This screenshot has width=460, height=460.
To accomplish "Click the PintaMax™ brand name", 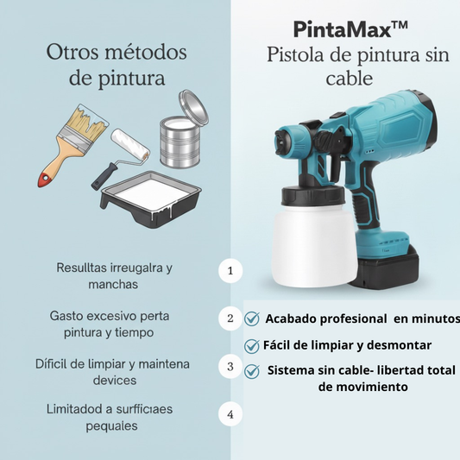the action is [350, 29].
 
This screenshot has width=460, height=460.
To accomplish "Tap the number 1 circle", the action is [230, 270].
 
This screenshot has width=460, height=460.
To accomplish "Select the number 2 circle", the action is [230, 318].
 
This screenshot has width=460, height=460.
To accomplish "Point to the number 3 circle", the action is [230, 367].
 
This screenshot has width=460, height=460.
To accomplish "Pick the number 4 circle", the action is [230, 414].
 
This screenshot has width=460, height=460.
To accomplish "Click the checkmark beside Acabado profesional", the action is [252, 318].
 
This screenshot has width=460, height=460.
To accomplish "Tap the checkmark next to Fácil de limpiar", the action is [252, 345].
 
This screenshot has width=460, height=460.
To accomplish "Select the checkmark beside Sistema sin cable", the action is [252, 371].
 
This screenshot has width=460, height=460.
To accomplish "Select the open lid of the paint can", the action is [193, 107].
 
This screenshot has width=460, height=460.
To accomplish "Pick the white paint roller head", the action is [130, 145].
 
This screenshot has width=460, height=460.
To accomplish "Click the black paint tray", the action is [151, 199].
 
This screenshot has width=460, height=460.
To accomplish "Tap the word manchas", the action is [113, 284].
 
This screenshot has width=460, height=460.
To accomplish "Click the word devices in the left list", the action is [115, 381].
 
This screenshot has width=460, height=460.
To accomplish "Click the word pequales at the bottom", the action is [111, 426].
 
